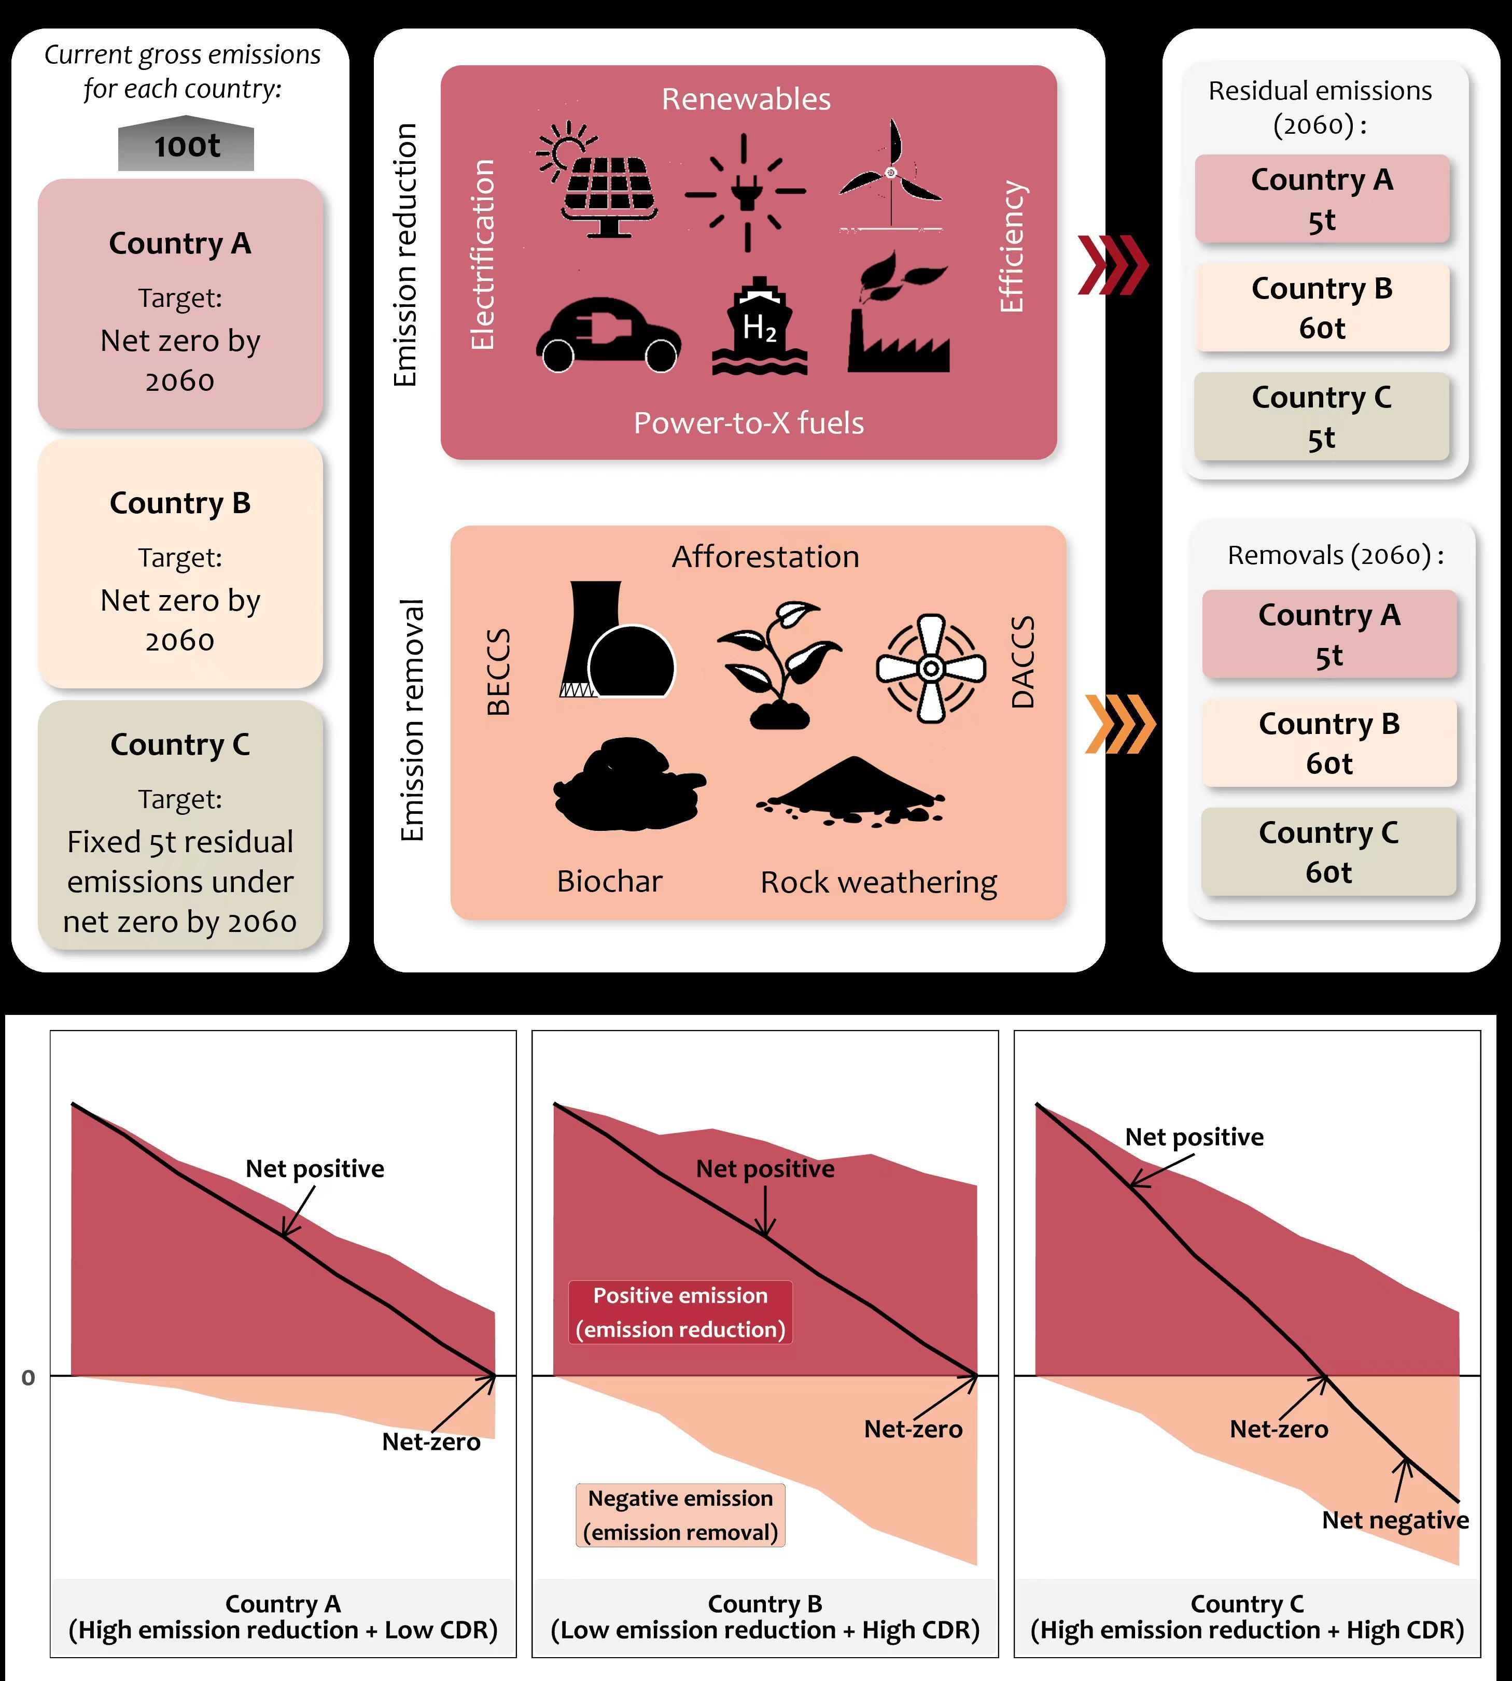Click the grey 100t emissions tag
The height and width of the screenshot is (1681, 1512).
coord(186,147)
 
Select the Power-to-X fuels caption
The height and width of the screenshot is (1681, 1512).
coord(749,423)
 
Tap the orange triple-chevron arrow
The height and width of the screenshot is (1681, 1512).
coord(1120,724)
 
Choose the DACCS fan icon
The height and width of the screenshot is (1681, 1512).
coord(930,668)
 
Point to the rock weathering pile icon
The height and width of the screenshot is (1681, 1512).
coord(851,790)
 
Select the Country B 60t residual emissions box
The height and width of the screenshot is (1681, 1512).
coord(1322,307)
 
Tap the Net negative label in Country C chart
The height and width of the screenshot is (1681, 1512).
coord(1395,1520)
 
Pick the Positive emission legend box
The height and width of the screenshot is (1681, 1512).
coord(680,1312)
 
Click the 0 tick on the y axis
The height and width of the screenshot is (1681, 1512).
coord(28,1378)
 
